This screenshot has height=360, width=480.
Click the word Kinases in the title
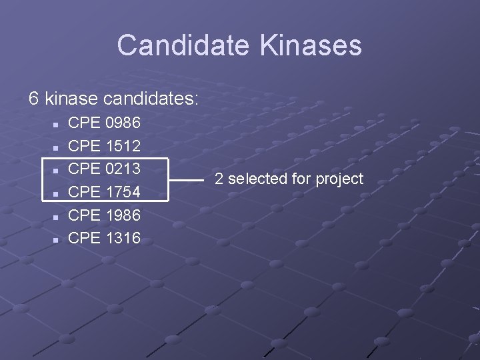point(311,45)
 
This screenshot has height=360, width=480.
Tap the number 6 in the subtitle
point(34,99)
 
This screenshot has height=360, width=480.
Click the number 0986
point(123,123)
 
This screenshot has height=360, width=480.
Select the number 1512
point(123,145)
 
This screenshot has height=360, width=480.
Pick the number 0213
point(123,169)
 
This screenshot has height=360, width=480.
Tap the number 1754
point(123,192)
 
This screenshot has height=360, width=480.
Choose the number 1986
point(123,215)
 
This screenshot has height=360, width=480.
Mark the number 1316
point(123,238)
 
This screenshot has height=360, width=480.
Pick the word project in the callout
point(339,179)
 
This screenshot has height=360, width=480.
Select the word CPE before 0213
point(85,169)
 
